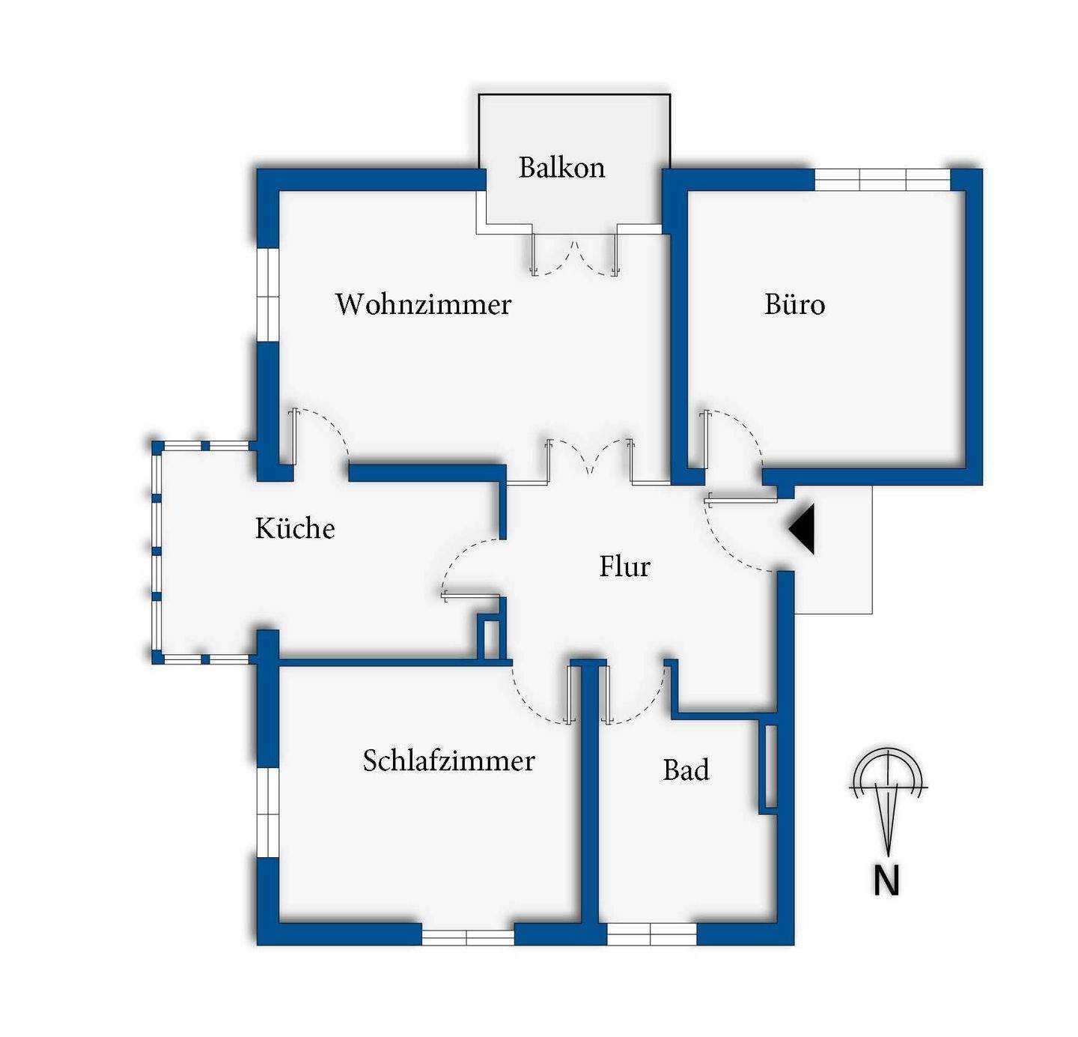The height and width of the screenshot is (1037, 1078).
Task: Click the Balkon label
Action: click(x=561, y=167)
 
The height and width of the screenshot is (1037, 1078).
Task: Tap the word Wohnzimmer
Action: click(x=423, y=304)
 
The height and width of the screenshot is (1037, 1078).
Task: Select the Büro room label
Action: click(x=794, y=304)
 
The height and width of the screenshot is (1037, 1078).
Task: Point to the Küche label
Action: click(x=295, y=528)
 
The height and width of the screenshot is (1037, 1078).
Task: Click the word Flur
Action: click(x=624, y=566)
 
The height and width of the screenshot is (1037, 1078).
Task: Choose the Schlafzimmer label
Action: click(x=448, y=761)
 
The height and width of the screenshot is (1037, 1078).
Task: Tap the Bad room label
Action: click(x=686, y=770)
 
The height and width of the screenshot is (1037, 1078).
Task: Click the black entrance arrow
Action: click(x=803, y=529)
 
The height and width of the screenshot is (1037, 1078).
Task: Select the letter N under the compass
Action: click(x=886, y=880)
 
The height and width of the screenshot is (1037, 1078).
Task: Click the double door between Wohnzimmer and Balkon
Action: click(x=574, y=255)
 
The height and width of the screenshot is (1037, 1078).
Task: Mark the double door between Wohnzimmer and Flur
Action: click(x=590, y=459)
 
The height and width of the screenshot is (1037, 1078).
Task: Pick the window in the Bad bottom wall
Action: click(x=651, y=934)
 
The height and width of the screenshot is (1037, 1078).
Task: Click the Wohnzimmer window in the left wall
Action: click(x=267, y=294)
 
